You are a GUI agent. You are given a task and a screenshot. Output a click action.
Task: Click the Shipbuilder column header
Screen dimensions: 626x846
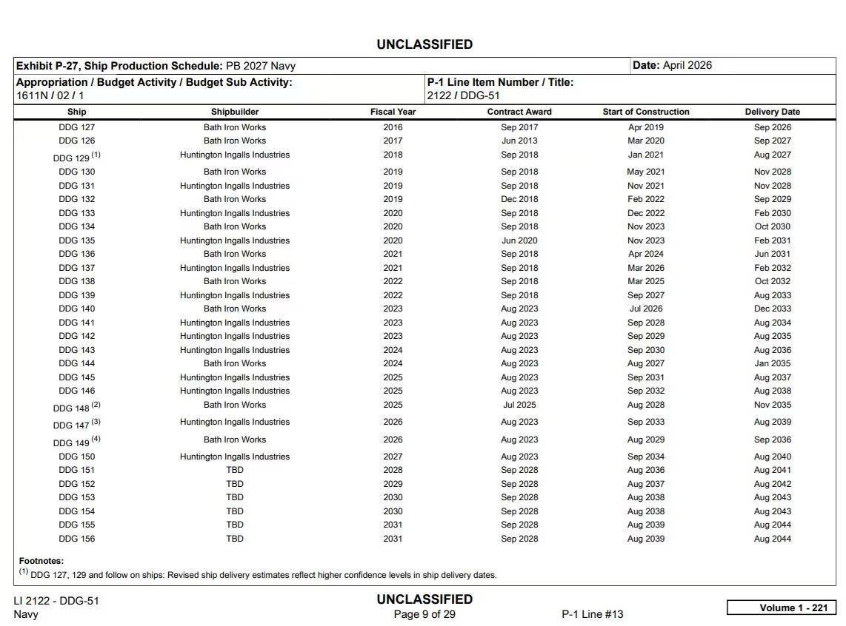tap(234, 112)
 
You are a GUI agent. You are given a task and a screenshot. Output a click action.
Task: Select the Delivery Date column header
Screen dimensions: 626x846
tap(772, 112)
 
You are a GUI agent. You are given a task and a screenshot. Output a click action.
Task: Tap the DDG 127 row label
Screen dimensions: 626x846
tap(77, 127)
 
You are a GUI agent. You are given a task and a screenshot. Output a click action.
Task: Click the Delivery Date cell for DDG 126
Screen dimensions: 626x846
tap(772, 141)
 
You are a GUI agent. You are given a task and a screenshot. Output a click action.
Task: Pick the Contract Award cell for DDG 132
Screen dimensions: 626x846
tap(519, 199)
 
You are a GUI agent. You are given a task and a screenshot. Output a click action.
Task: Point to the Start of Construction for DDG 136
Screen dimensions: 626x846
tap(645, 254)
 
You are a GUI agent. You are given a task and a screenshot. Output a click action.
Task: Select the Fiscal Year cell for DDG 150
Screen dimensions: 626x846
tap(393, 457)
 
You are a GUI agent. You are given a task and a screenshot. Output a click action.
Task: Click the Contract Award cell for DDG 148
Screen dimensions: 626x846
tap(519, 405)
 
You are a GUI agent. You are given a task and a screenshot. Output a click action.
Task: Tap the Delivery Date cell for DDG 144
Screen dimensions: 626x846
tap(772, 363)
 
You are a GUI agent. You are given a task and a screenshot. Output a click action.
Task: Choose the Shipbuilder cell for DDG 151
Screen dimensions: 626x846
tap(234, 470)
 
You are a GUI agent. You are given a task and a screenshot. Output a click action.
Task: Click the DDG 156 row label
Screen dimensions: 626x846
tap(77, 539)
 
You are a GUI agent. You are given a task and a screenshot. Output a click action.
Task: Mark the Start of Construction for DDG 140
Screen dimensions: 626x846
tap(645, 309)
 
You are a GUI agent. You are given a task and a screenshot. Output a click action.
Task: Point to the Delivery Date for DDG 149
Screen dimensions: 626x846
tap(772, 440)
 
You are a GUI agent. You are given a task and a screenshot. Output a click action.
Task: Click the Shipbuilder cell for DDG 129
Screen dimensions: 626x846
tap(234, 155)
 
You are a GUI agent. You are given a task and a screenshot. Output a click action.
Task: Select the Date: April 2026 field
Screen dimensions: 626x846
tap(672, 65)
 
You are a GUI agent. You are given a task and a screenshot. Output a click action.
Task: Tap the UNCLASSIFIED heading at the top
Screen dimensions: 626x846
tap(424, 44)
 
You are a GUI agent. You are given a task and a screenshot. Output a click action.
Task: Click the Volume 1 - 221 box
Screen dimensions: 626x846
tap(782, 608)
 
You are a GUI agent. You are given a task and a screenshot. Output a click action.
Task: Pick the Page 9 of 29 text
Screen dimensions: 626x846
tap(424, 614)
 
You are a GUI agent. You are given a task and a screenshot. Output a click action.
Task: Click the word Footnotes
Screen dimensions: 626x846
tap(41, 561)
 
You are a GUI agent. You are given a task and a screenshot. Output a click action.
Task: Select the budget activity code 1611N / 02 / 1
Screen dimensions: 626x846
tap(50, 95)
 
